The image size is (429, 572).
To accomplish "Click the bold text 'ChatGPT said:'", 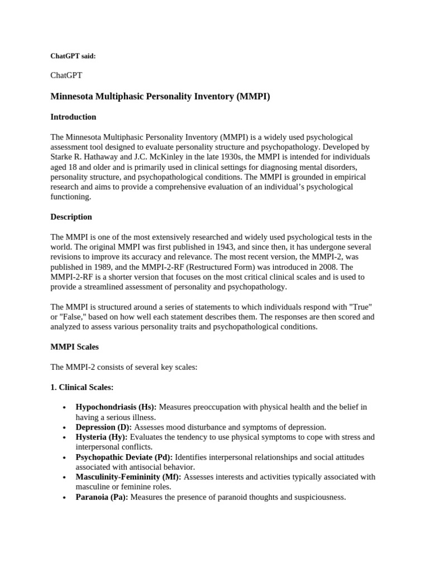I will click(73, 56).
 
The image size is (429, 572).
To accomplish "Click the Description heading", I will click(71, 217).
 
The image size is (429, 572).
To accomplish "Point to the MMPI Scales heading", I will click(74, 347).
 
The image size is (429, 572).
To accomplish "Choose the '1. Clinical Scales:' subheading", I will click(82, 387).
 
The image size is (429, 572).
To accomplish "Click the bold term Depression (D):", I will click(104, 427).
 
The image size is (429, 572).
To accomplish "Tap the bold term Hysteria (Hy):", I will click(102, 437).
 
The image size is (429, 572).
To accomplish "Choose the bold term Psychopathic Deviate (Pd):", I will click(124, 457).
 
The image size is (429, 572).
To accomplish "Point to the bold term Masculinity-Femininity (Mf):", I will click(128, 477).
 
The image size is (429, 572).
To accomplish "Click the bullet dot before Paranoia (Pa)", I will click(65, 497).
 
